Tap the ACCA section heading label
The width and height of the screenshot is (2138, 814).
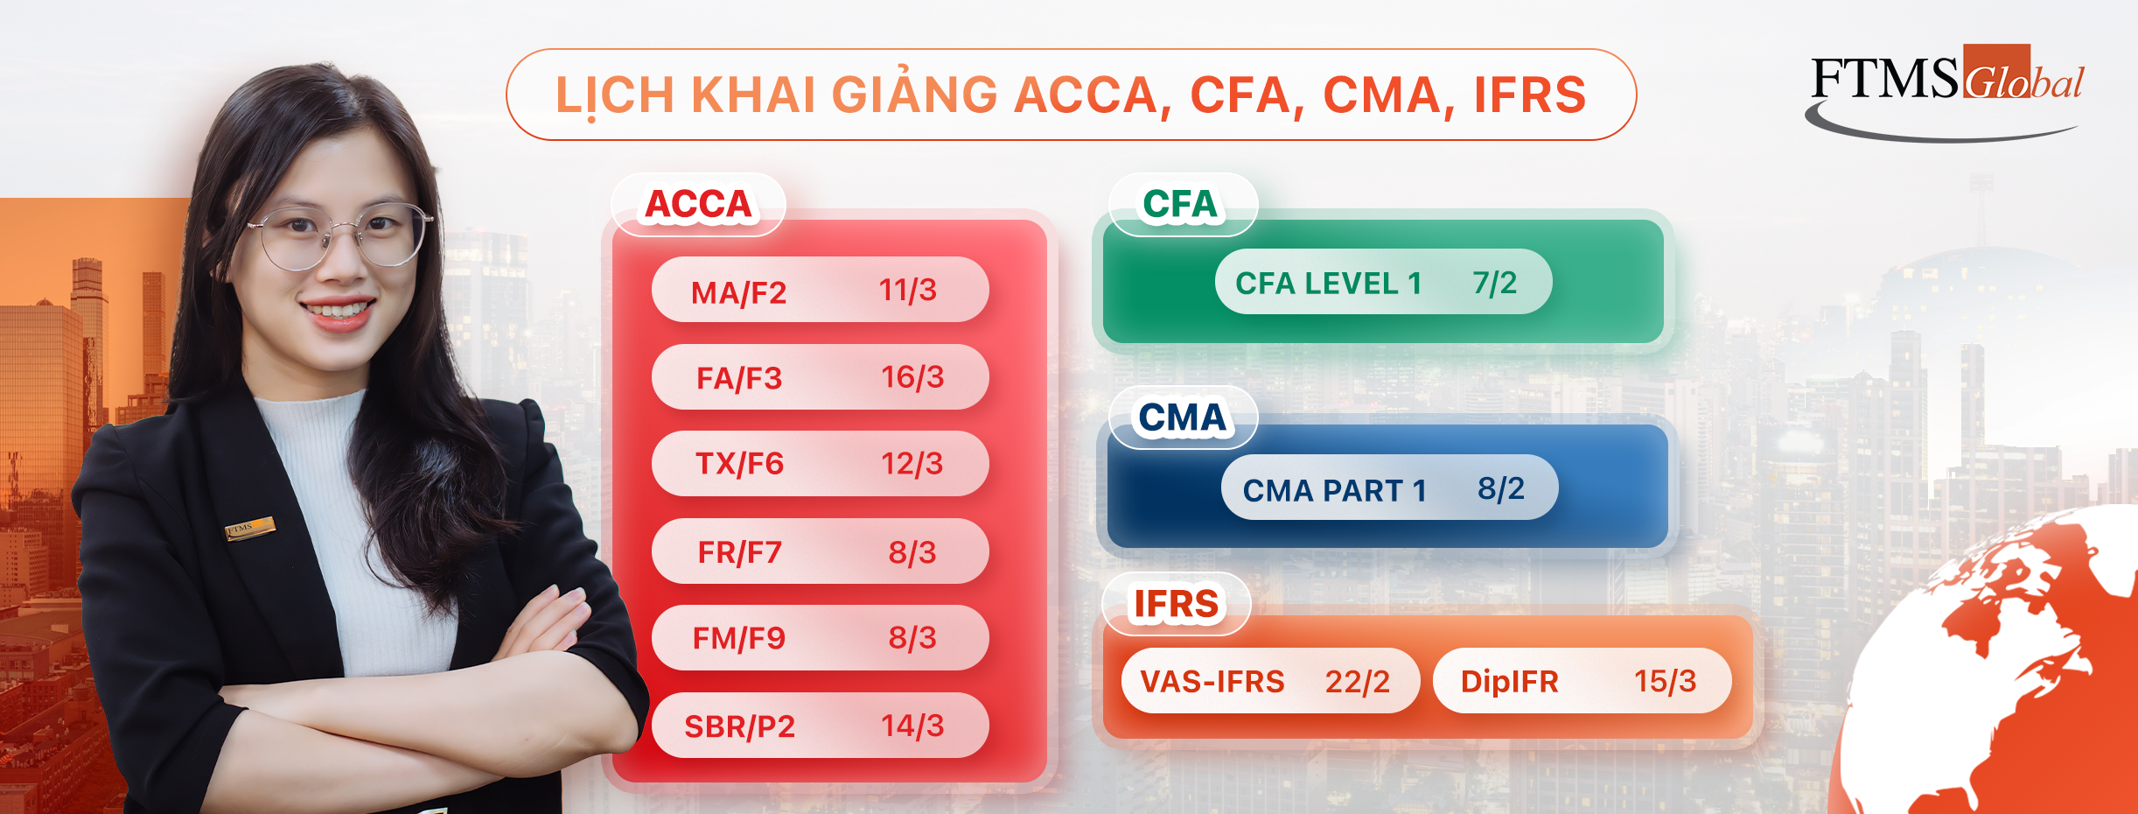point(698,205)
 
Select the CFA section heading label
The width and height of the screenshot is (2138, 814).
point(1180,205)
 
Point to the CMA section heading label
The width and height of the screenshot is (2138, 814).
point(1182,418)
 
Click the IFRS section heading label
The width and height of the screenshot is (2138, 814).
point(1176,604)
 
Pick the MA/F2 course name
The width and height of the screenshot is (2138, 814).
point(738,292)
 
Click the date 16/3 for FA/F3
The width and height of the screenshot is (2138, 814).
point(912,377)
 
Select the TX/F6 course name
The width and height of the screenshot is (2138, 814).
point(739,464)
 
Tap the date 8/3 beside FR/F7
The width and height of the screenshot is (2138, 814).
point(912,552)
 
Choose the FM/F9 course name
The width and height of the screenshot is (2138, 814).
point(739,638)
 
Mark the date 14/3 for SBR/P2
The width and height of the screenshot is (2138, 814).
point(912,726)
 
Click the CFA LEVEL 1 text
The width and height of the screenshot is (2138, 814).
point(1328,284)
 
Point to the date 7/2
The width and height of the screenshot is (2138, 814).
point(1495,283)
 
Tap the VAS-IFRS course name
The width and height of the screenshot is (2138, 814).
point(1212,681)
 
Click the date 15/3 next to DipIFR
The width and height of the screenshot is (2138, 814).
point(1666,681)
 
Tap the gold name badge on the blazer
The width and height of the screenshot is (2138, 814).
point(250,528)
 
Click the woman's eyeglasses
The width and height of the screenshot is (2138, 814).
point(341,235)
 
